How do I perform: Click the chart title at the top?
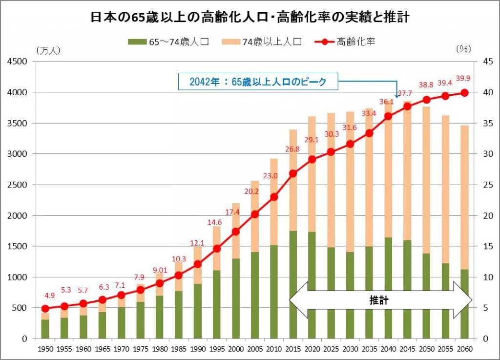point(250,18)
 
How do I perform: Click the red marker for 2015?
point(293,173)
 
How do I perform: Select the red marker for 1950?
point(45,308)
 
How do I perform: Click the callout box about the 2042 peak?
point(258,82)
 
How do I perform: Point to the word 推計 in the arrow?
point(378,300)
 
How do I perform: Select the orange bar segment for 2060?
point(464,195)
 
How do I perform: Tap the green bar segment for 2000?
point(236,298)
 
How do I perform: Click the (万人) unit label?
point(47,50)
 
